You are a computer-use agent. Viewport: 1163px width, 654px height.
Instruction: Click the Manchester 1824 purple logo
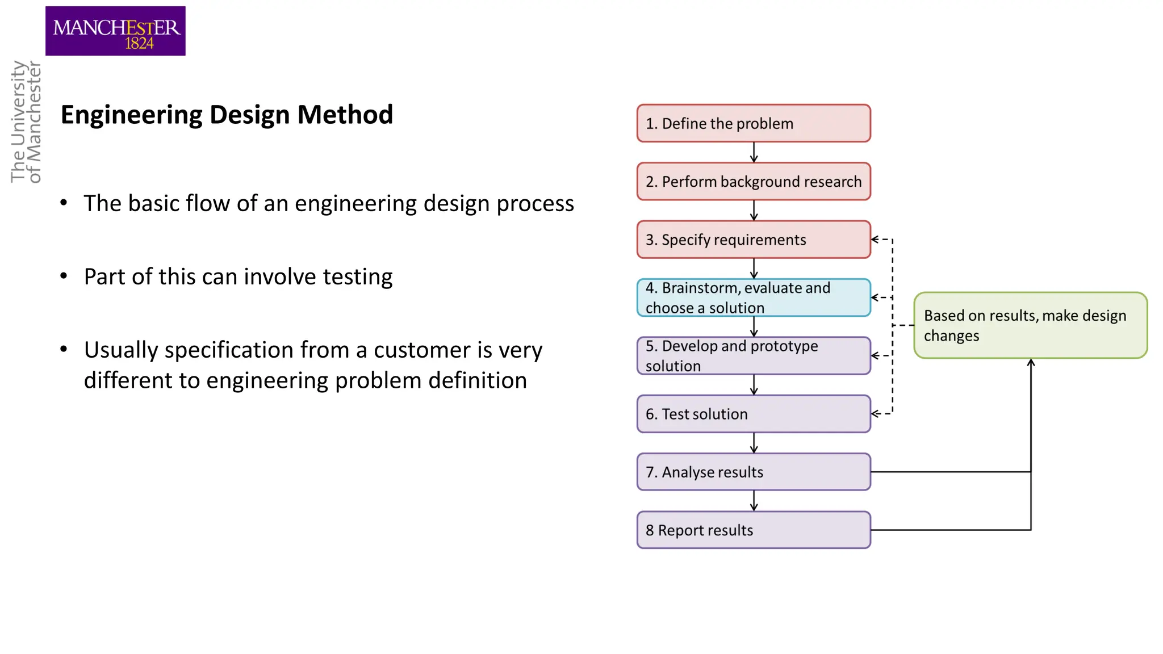115,31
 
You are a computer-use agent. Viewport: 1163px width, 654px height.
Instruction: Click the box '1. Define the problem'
753,123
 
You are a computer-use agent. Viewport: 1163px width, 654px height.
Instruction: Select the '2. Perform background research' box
753,182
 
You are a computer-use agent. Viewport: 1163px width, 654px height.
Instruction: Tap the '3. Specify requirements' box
753,240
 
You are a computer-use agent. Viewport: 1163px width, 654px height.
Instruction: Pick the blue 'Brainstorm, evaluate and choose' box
753,297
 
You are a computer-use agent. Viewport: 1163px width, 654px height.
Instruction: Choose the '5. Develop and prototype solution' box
753,356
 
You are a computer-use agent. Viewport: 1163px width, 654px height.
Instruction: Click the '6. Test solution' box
753,414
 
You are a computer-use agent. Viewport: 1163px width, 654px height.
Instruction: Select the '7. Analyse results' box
753,472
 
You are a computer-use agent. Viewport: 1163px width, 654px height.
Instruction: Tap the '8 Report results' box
753,530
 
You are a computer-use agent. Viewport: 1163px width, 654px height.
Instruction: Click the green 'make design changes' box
1030,325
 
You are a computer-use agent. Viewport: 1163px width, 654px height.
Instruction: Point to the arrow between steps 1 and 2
754,153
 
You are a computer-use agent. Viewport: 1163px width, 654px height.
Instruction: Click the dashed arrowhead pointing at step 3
875,240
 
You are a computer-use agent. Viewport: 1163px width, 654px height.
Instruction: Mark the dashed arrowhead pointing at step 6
875,414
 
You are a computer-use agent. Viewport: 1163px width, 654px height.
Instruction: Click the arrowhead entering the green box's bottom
1031,363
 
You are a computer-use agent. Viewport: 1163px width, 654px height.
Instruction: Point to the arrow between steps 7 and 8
754,501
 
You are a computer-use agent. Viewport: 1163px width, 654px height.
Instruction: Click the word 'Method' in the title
345,115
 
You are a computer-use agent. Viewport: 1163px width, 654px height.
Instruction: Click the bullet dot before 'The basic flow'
64,203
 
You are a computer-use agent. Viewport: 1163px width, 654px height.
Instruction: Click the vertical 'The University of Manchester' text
26,122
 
